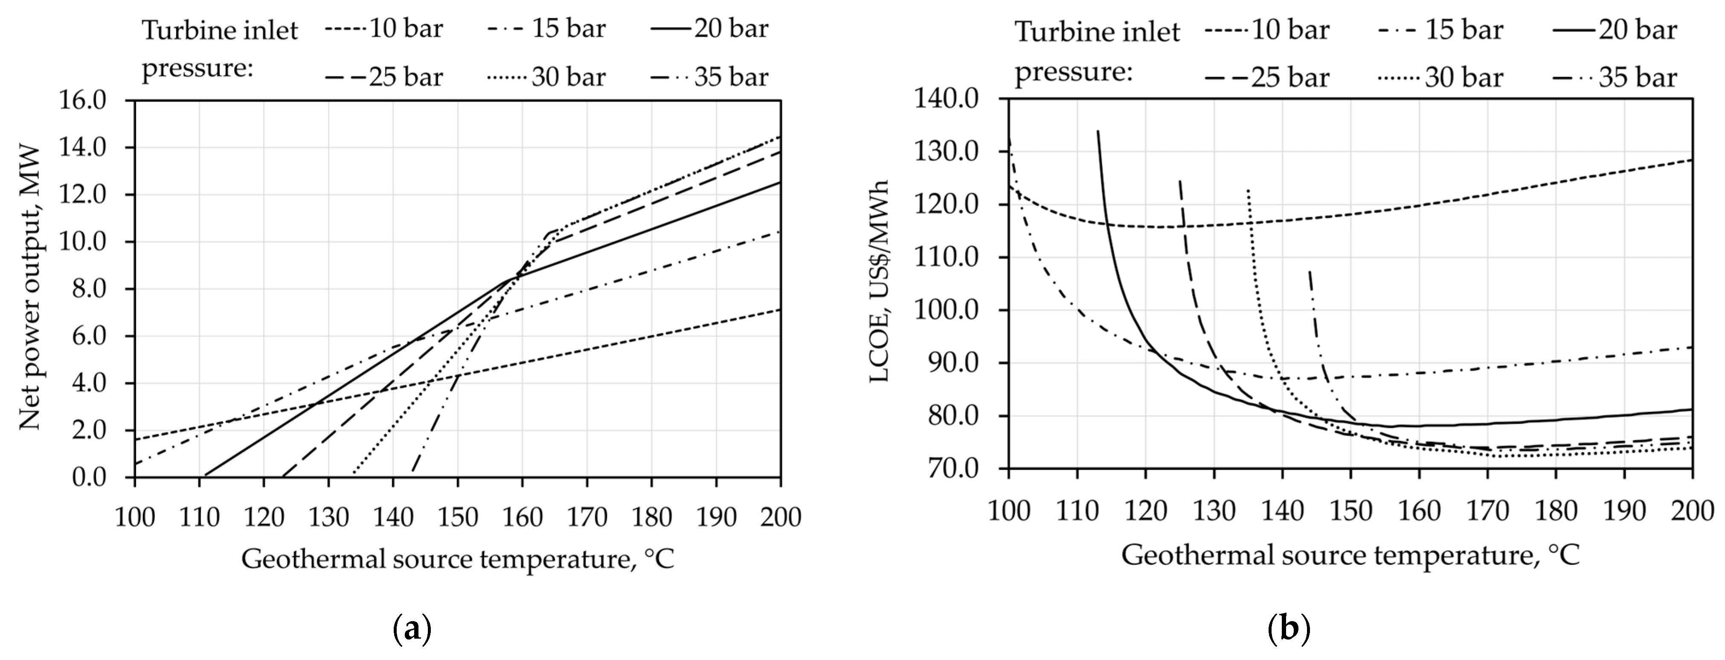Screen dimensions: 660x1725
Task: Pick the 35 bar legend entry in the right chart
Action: (x=1614, y=78)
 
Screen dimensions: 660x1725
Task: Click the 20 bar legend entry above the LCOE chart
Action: (x=1614, y=30)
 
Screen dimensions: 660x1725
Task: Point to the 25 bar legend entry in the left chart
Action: (x=384, y=77)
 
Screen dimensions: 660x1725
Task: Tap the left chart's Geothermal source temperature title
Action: (x=457, y=558)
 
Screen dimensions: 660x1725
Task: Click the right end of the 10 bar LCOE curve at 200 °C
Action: (x=1692, y=160)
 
